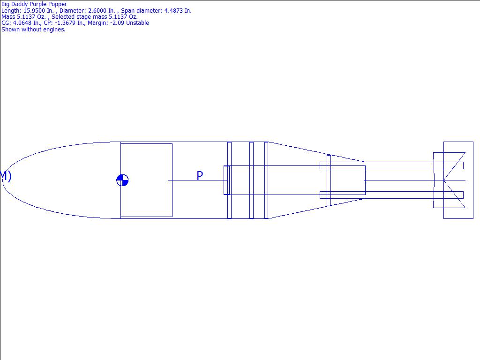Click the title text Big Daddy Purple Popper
34,4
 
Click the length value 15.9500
34,10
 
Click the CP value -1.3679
65,23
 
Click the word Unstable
137,23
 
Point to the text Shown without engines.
33,30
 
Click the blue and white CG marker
122,180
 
